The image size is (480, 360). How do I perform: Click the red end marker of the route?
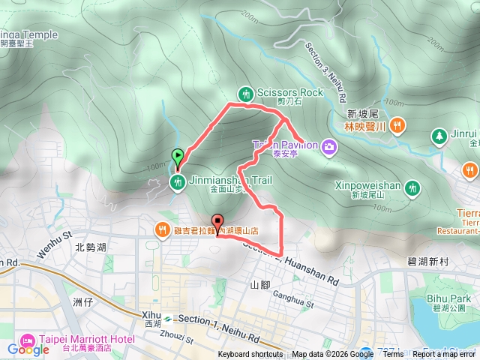tap(218, 222)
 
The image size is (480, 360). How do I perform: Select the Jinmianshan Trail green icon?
tap(178, 182)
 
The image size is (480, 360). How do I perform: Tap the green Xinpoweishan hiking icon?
tap(412, 189)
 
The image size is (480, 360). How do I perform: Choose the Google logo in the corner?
tap(28, 349)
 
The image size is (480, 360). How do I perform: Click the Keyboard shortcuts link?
tap(250, 355)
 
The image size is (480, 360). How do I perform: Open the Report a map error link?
tap(444, 355)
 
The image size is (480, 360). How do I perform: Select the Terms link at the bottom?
tap(393, 355)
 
